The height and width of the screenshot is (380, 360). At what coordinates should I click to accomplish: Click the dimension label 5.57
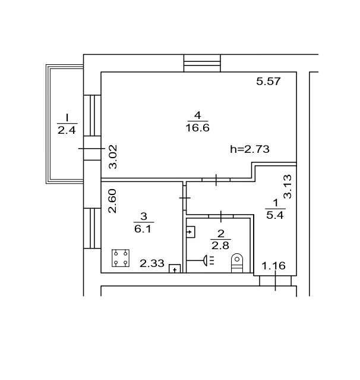click(x=268, y=81)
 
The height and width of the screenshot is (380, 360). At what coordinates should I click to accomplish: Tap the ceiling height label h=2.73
click(x=250, y=149)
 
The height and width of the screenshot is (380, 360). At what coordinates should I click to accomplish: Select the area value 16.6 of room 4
click(x=198, y=128)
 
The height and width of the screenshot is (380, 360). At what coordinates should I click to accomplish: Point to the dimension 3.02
click(x=113, y=157)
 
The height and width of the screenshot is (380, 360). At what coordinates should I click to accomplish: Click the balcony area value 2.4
click(x=67, y=131)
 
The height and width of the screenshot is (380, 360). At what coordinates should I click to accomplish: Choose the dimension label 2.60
click(x=112, y=201)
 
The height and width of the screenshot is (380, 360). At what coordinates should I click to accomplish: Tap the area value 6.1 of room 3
click(x=143, y=228)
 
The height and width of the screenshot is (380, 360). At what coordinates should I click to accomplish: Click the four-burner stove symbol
click(x=121, y=257)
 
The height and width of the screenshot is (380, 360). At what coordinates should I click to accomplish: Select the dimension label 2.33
click(x=151, y=263)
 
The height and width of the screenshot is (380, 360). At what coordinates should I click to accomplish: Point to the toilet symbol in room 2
click(x=237, y=262)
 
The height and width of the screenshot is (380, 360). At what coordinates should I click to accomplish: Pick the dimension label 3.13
click(x=288, y=186)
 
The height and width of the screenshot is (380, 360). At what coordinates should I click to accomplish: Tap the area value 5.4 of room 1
click(x=275, y=215)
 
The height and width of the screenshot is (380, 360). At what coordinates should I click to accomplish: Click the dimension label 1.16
click(x=274, y=266)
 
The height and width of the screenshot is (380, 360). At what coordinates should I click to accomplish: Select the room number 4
click(x=197, y=115)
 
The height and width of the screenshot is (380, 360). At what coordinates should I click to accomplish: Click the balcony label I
click(x=67, y=117)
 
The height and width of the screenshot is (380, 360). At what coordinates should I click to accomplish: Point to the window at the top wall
click(x=202, y=63)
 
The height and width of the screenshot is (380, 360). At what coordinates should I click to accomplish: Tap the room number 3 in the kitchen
click(x=143, y=216)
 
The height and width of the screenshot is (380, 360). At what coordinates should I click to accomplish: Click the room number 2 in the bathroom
click(x=220, y=233)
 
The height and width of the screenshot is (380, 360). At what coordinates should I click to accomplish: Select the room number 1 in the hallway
click(x=275, y=203)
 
